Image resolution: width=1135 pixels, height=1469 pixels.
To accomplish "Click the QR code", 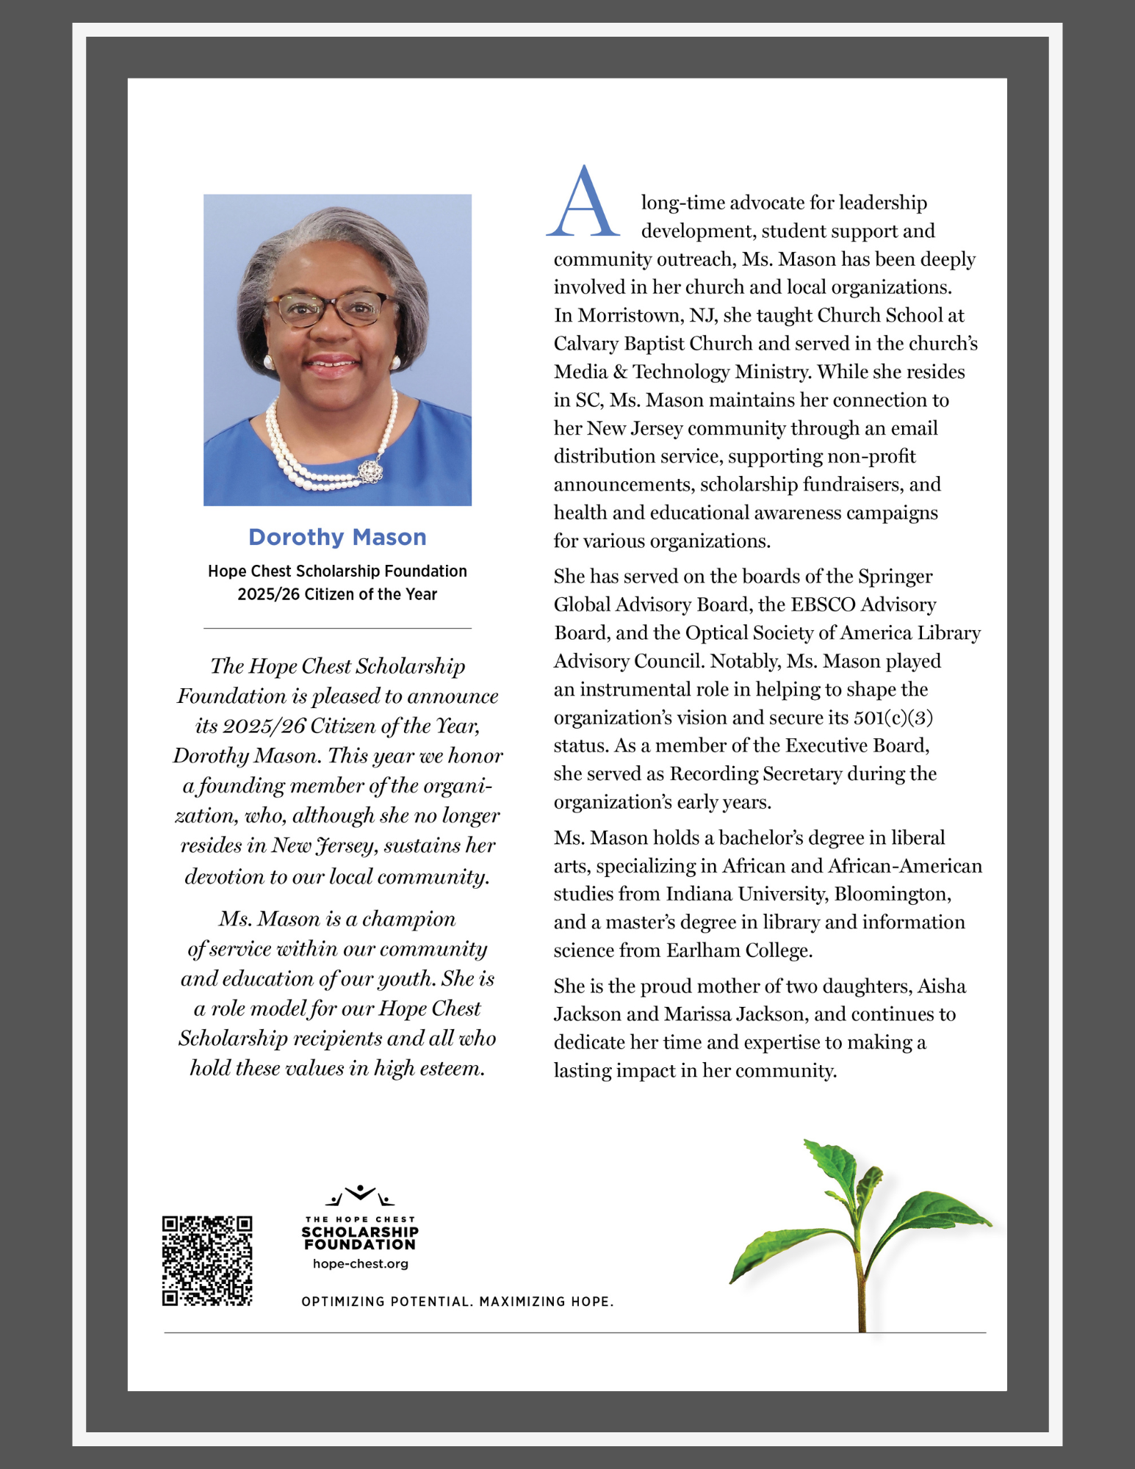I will [207, 1260].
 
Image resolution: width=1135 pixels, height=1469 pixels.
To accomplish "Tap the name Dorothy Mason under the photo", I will [337, 537].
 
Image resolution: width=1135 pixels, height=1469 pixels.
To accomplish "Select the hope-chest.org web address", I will [360, 1264].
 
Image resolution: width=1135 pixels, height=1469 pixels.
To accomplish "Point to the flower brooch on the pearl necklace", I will [372, 470].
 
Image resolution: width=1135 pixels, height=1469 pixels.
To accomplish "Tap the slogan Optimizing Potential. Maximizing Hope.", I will [457, 1302].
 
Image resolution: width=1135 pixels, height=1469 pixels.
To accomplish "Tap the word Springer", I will [896, 577].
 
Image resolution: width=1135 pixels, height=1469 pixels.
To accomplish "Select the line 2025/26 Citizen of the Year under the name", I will [337, 594].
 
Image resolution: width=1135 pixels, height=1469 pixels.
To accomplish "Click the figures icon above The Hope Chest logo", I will [360, 1196].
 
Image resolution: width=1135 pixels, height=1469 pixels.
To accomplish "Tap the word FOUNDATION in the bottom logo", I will [360, 1245].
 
